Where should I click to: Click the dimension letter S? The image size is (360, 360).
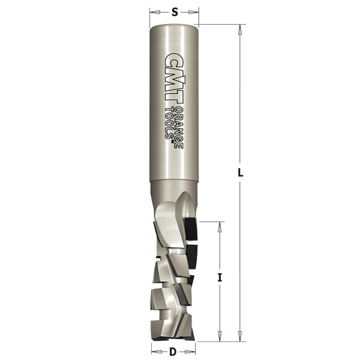(175, 12)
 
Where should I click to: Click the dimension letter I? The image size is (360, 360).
(220, 278)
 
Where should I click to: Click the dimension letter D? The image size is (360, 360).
(173, 352)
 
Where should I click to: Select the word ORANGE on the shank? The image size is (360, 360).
(179, 127)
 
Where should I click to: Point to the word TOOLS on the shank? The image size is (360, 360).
(169, 124)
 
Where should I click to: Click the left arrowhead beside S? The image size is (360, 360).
(155, 12)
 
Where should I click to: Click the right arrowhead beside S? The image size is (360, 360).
(194, 12)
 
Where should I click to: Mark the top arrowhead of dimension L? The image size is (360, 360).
(240, 29)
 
